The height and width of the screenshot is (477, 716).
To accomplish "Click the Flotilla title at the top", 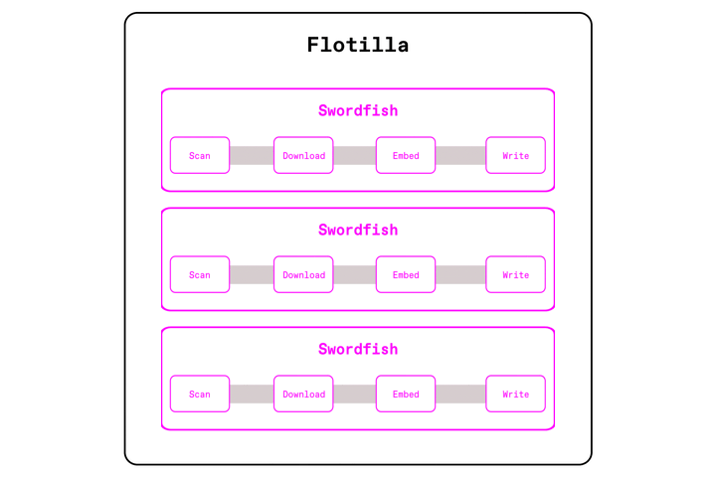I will pos(358,45).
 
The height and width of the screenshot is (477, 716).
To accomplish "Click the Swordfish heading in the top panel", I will pos(358,110).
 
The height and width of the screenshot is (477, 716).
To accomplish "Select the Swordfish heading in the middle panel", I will pos(358,230).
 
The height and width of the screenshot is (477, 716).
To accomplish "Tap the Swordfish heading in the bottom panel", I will pos(358,349).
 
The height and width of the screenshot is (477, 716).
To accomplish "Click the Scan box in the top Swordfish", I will pos(200,155).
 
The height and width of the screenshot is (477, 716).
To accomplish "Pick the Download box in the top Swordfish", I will pos(303,155).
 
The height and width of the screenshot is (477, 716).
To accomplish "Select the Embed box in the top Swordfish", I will pos(406,155).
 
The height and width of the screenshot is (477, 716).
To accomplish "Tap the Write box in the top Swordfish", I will pos(515,155).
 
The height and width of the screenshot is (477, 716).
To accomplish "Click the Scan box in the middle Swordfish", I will pos(200,274).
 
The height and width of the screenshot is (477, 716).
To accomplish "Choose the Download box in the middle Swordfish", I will pos(303,274).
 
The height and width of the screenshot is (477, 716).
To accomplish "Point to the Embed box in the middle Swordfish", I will pos(406,274).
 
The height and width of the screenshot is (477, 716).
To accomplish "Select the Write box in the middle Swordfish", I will pos(515,274).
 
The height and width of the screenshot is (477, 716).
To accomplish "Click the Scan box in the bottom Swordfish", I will pos(200,394).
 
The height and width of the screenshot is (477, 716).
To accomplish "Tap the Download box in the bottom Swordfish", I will pos(303,394).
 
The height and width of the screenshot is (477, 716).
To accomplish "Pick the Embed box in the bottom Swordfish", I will pos(406,394).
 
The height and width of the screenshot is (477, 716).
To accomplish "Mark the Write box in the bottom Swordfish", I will pos(515,394).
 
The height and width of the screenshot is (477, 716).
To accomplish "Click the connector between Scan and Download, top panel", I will pos(252,155).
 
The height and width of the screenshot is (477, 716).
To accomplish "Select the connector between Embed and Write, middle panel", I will pos(460,274).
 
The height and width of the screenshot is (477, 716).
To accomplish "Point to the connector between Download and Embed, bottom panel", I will pos(354,394).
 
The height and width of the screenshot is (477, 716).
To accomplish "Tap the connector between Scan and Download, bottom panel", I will pos(252,394).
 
